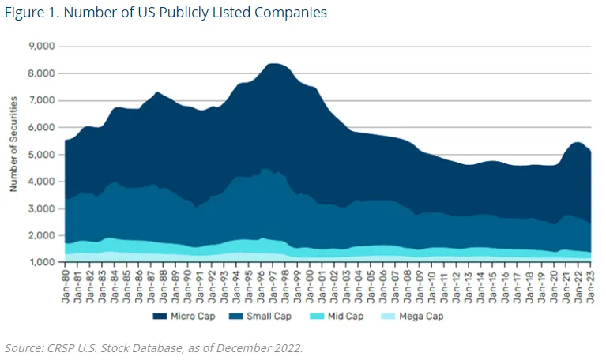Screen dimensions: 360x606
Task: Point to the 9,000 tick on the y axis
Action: click(x=40, y=47)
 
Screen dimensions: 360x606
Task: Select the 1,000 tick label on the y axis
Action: click(x=40, y=263)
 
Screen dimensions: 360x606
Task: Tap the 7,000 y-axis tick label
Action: click(x=40, y=101)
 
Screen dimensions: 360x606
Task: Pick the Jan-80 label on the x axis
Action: click(x=66, y=283)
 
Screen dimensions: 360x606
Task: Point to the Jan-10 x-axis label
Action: click(x=431, y=283)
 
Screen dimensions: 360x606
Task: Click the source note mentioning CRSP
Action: click(x=154, y=348)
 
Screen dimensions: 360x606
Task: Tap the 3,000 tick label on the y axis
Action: click(x=40, y=209)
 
